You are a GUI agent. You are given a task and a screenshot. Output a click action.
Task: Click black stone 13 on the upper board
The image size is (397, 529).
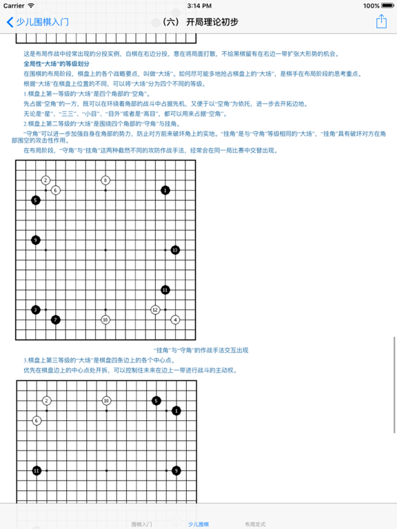coord(175,249)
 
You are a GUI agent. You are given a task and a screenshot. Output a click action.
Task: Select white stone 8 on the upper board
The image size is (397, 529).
coord(105,180)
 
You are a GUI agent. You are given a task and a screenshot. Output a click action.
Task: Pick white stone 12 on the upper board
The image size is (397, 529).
coord(155,310)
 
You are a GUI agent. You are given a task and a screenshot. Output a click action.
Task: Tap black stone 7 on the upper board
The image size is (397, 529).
coord(56,320)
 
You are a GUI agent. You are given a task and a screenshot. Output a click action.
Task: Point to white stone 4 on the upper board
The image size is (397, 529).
coord(175,320)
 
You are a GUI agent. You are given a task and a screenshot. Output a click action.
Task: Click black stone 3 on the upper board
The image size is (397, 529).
coord(36,310)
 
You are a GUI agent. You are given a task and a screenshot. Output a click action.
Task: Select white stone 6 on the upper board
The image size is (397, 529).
coord(56,190)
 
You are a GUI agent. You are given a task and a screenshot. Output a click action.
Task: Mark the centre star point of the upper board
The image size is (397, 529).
coord(105,250)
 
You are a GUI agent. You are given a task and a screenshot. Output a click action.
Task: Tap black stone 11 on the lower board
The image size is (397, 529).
coord(37,470)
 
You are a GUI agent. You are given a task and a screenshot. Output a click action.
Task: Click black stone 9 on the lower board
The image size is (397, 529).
coord(176,470)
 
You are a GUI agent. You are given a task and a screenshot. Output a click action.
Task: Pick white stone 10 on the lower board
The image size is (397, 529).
coord(106,400)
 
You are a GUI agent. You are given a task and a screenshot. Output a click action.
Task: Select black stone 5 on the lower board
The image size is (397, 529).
coord(156,400)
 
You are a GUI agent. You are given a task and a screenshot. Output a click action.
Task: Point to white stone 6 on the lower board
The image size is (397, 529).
coord(37,420)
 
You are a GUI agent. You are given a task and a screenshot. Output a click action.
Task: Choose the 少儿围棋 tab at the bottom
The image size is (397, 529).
coord(198,524)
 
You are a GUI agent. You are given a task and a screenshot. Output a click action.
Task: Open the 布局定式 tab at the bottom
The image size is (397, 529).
coord(255,524)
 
